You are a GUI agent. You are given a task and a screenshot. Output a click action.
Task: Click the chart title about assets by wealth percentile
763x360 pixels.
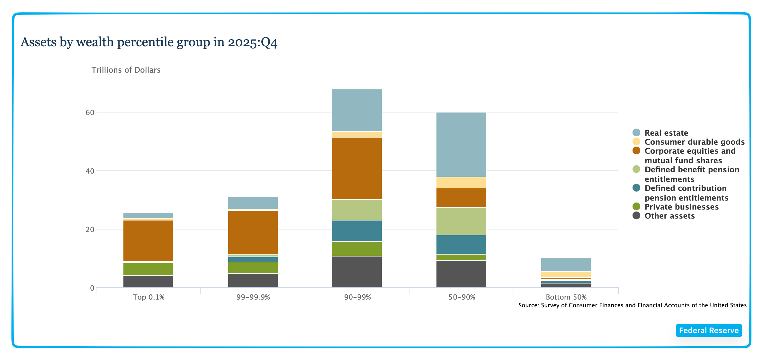[149, 42]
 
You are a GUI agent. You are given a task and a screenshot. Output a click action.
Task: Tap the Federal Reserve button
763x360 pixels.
[709, 330]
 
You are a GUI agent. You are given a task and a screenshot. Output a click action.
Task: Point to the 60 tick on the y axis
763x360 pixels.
[90, 113]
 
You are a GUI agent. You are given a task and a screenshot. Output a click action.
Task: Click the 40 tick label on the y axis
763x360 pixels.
[90, 171]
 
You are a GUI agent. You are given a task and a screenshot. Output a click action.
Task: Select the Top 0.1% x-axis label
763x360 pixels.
[148, 297]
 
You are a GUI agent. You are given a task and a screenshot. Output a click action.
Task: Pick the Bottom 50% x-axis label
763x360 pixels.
[566, 297]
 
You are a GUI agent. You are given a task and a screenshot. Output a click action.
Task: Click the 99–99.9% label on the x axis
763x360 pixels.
[253, 297]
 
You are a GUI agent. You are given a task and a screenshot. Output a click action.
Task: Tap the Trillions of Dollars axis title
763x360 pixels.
[126, 70]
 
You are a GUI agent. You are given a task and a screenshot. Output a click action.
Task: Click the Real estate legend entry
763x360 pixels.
[666, 133]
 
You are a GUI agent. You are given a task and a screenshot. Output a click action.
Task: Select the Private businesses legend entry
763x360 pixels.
[681, 207]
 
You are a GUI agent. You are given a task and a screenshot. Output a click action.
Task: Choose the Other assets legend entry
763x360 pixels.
[669, 216]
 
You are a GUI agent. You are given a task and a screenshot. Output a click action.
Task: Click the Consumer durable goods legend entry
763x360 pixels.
[694, 142]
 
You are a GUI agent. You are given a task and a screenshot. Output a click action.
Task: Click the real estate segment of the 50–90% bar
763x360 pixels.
[461, 145]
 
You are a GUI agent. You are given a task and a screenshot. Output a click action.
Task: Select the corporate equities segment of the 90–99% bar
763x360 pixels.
[357, 168]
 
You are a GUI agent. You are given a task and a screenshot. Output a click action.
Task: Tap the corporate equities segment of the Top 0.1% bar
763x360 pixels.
[148, 240]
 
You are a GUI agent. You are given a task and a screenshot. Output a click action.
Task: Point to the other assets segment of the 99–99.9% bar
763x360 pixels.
[253, 281]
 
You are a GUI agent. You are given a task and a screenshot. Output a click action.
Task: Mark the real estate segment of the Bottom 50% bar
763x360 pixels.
[566, 265]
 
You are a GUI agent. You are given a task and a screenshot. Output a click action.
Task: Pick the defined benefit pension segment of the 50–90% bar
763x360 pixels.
[461, 221]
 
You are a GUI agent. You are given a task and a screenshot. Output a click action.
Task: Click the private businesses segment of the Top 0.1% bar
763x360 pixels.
[148, 269]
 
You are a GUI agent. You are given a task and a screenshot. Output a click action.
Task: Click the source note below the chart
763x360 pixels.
[632, 305]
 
